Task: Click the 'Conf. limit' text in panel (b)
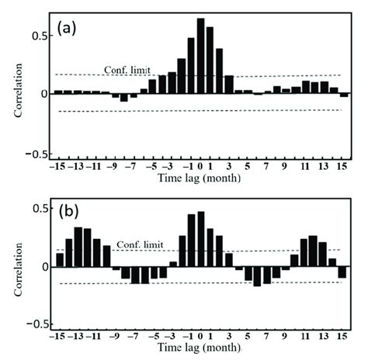pos(141,245)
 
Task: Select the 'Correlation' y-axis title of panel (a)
pos(17,94)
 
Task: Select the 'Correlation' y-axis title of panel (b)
pos(17,268)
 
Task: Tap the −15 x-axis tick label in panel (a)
pos(56,166)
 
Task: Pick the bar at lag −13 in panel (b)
pos(78,247)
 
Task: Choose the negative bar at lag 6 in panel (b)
pos(258,276)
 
